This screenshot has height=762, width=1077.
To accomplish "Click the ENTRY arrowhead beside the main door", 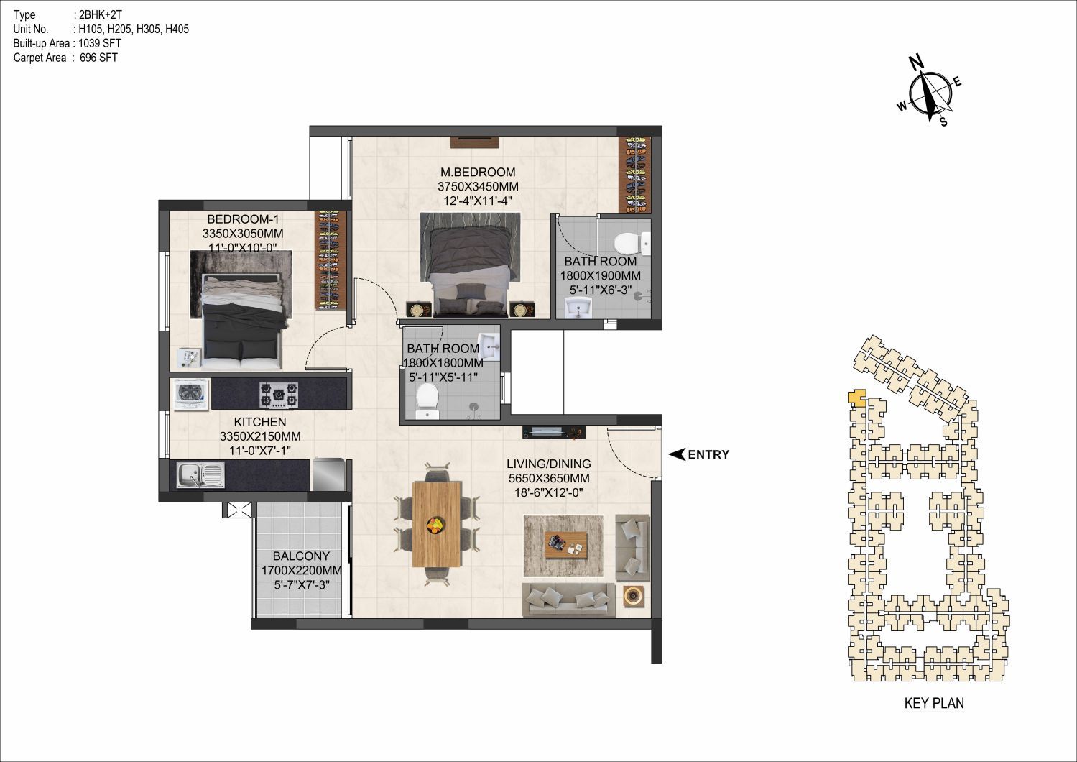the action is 677,454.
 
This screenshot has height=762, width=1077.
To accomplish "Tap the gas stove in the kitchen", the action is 279,395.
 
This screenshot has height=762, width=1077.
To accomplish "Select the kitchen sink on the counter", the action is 200,474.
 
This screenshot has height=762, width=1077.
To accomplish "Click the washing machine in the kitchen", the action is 191,395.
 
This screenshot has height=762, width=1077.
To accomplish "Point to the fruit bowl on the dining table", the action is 437,525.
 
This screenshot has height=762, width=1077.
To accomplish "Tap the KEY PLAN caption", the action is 934,703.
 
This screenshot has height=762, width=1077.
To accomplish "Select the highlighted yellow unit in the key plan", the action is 856,398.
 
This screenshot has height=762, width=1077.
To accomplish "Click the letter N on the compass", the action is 916,63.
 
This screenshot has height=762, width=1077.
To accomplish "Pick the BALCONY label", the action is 301,556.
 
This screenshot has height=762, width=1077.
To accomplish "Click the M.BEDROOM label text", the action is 478,173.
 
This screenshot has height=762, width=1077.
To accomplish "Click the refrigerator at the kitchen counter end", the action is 328,474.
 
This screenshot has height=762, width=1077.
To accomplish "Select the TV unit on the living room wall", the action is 554,432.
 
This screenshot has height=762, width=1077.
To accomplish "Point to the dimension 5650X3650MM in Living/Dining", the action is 549,478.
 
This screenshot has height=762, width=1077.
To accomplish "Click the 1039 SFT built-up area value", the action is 100,43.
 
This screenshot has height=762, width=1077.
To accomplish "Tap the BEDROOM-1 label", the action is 243,219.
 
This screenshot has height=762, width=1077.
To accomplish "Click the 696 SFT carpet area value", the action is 98,58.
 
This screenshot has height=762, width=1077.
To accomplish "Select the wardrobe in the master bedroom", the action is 634,175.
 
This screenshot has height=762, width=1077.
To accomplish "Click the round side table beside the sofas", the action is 633,597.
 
